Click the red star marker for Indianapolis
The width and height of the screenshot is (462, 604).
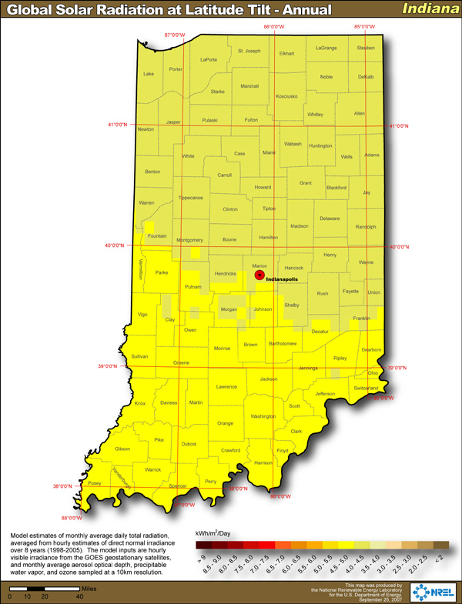[x=259, y=275]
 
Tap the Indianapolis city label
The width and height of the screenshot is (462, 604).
[x=283, y=281]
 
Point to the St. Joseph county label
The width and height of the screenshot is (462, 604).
[x=249, y=52]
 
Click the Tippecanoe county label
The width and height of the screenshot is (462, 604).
[x=190, y=198]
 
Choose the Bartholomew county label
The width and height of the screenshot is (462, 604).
[x=282, y=343]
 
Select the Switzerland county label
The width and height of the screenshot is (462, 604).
[x=365, y=388]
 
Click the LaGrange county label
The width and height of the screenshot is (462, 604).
[x=326, y=48]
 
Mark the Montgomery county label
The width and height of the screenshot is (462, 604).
[x=189, y=240]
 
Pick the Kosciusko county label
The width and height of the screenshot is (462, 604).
[x=286, y=96]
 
